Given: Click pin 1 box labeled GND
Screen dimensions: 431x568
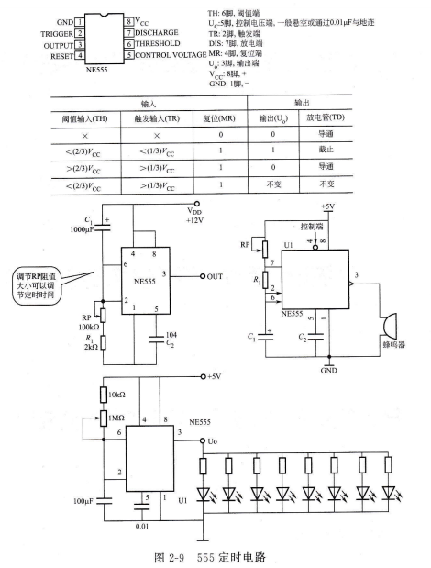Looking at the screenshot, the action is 79,22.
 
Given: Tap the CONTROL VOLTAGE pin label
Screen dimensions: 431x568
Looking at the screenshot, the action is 171,55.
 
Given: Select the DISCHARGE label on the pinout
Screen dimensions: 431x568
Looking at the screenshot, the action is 156,33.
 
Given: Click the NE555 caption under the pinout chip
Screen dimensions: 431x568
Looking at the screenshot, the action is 96,70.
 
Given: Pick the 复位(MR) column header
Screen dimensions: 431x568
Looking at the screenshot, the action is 219,118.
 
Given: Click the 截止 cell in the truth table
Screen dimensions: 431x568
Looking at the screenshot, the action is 326,150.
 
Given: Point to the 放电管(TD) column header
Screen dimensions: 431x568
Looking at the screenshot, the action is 326,117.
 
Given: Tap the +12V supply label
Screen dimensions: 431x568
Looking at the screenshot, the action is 194,220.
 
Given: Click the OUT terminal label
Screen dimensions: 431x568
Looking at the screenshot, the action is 215,277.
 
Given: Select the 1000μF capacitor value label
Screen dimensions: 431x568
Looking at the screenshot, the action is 82,229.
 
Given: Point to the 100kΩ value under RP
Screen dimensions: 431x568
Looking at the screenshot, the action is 89,327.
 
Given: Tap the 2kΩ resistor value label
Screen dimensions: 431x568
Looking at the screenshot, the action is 91,347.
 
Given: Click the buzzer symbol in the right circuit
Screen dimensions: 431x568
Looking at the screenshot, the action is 389,326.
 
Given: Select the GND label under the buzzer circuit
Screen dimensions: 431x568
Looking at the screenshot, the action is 328,371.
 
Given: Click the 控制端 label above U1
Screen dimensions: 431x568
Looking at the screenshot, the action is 312,227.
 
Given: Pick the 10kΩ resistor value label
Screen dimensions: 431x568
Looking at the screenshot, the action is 116,395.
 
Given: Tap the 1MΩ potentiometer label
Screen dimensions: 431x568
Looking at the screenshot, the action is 116,418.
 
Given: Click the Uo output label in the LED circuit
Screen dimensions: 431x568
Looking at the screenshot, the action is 213,441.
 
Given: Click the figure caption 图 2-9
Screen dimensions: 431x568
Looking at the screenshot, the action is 169,557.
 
